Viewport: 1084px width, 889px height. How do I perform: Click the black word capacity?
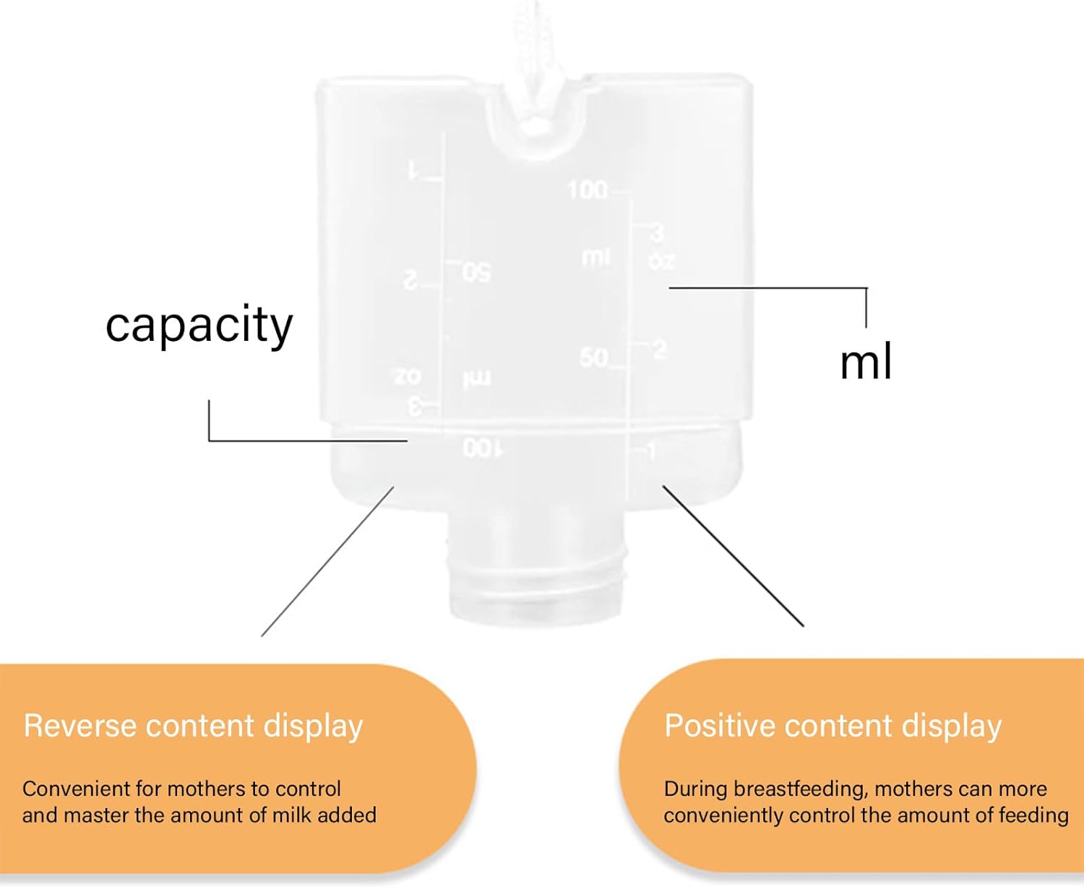click(199, 325)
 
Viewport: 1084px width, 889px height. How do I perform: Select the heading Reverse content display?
click(193, 726)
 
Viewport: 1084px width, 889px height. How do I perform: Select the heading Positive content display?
click(833, 726)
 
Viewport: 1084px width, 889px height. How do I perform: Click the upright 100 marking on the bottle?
click(588, 190)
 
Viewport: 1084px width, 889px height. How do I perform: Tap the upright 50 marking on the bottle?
click(594, 357)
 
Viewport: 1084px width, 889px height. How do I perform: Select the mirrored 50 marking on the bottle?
click(477, 272)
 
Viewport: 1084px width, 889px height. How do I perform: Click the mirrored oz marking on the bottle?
click(407, 376)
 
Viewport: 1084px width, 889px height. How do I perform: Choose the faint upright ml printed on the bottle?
click(596, 257)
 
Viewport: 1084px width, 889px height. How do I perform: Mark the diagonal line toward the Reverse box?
click(327, 561)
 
